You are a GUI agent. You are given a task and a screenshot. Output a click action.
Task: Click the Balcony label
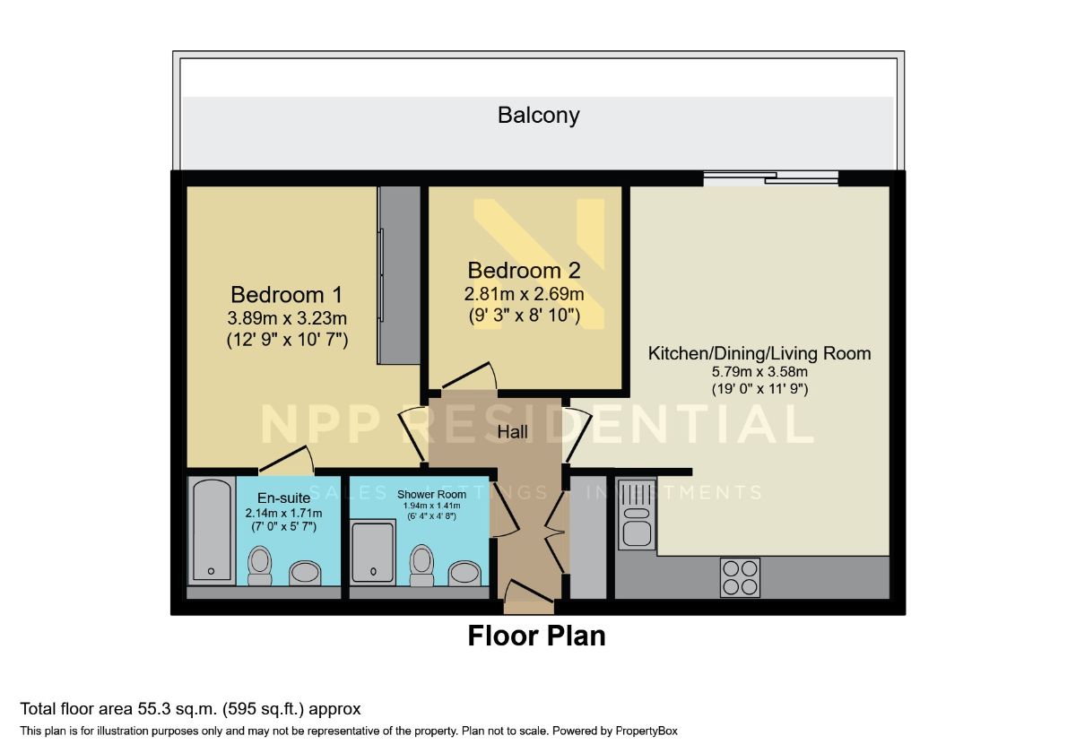(539, 116)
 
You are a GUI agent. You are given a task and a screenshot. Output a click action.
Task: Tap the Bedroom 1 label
(287, 294)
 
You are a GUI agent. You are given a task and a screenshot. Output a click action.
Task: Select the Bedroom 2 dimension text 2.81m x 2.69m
(524, 294)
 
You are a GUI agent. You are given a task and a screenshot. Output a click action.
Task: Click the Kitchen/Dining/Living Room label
(759, 353)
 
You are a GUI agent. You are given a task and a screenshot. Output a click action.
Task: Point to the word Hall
(513, 432)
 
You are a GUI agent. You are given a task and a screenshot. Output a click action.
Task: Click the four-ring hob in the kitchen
(740, 577)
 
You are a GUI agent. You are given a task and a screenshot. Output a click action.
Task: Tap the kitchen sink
(637, 515)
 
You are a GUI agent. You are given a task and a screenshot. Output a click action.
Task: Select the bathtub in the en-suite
(212, 530)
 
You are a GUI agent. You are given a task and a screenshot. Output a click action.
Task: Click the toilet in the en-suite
(260, 566)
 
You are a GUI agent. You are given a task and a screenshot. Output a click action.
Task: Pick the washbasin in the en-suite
(305, 573)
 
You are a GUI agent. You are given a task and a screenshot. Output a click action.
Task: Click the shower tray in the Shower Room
(373, 552)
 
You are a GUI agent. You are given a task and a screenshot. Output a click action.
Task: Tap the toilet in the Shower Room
(421, 566)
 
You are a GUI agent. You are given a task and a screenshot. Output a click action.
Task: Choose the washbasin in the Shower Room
(464, 574)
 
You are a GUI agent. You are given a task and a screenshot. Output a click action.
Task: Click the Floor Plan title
(536, 636)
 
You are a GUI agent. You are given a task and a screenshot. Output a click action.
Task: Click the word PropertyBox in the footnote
(646, 731)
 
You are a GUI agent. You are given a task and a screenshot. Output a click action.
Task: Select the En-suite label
(284, 498)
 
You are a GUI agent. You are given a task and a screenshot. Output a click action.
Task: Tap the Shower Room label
(431, 494)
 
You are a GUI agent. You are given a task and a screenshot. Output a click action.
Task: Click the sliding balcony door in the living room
(771, 178)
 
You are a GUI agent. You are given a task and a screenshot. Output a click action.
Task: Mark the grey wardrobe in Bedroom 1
(399, 275)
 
